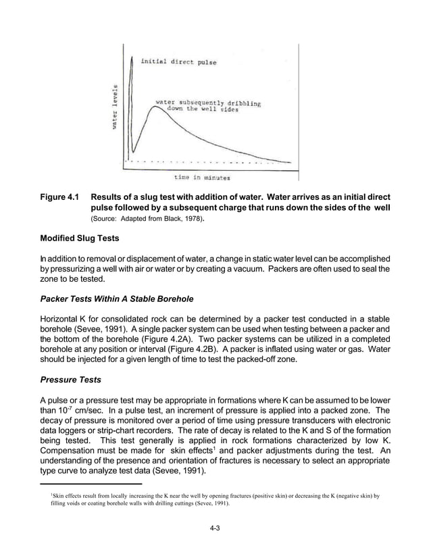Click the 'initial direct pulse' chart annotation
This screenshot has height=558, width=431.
pos(178,62)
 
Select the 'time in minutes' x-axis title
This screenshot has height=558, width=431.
pos(202,178)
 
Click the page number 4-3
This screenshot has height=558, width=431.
pos(215,528)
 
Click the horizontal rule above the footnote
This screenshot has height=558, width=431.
pos(91,484)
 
